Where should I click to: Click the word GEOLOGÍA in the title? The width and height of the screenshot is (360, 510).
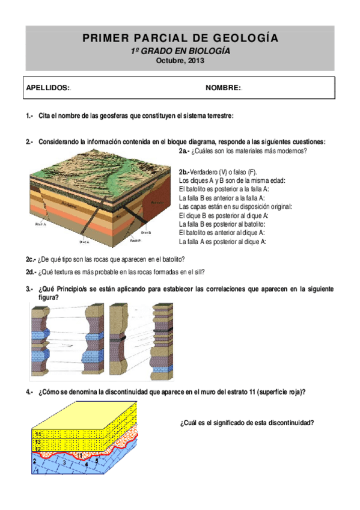(246, 38)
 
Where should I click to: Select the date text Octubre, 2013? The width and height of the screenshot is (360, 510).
(180, 61)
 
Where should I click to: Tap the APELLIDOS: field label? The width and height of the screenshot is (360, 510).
(48, 88)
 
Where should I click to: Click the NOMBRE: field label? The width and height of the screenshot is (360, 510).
(223, 88)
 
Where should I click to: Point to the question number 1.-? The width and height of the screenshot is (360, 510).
(29, 115)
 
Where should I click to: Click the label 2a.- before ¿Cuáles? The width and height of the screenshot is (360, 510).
(185, 151)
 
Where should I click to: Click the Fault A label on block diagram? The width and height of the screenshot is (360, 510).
(41, 222)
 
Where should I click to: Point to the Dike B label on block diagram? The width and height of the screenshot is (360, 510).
(146, 232)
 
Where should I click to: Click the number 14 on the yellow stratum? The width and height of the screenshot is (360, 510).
(37, 434)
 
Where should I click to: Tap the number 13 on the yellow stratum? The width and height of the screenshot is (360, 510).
(37, 442)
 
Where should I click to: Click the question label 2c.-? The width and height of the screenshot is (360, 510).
(31, 259)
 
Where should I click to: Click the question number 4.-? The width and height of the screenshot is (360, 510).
(29, 392)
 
